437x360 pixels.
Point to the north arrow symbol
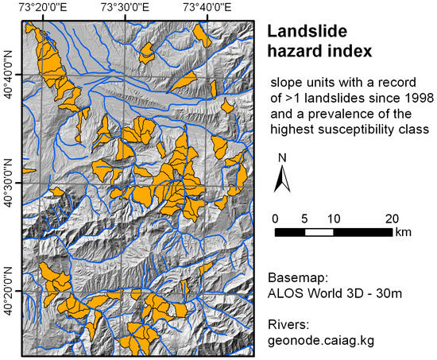[x=281, y=181]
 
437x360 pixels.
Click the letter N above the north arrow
[x=281, y=158]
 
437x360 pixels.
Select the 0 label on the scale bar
[x=274, y=218]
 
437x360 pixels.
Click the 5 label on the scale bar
[x=304, y=218]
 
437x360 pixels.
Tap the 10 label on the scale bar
[x=333, y=218]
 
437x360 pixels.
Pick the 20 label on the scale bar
[x=392, y=218]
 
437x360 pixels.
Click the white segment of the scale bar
[x=319, y=232]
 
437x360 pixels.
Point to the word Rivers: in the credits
[x=288, y=325]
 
